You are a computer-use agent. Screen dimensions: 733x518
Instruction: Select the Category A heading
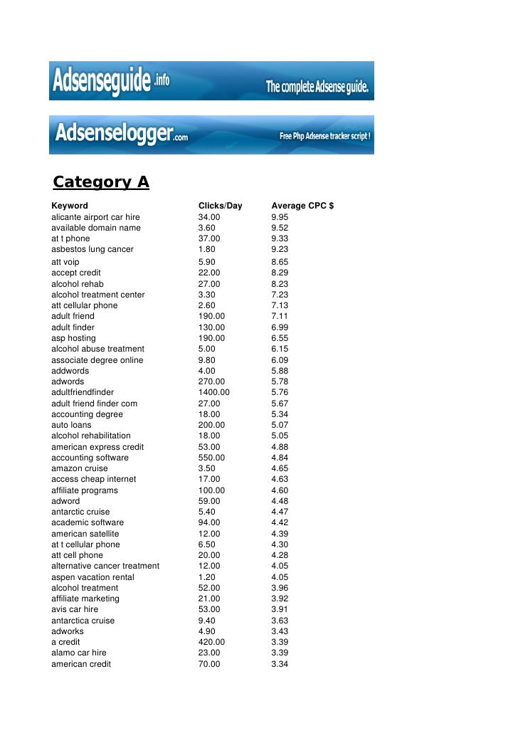point(101,182)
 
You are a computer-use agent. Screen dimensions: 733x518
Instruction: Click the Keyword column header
point(70,206)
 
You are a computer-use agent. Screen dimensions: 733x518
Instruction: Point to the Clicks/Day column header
point(220,206)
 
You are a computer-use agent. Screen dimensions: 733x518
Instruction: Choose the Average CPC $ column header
point(302,206)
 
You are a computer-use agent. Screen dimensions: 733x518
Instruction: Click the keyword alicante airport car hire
point(95,217)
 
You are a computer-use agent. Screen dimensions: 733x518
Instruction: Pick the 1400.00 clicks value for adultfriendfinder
point(213,392)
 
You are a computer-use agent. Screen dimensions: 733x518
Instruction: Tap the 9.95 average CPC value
point(280,217)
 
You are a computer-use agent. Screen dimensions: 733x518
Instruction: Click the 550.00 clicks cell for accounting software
point(211,458)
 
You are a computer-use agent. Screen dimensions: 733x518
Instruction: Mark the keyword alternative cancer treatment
point(105,566)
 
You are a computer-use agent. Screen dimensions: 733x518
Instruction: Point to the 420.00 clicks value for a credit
point(211,642)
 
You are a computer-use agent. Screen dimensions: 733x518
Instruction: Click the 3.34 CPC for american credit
point(280,664)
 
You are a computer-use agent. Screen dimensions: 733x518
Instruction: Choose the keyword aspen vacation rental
point(92,577)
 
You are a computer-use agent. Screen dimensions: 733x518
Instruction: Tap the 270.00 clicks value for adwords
point(211,381)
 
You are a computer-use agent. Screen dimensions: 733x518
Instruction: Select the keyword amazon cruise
point(80,468)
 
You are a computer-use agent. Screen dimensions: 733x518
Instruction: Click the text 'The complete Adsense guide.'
point(317,88)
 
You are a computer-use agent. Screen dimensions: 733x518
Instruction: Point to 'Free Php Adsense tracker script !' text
point(324,135)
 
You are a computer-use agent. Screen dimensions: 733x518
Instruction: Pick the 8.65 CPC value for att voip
point(280,262)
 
